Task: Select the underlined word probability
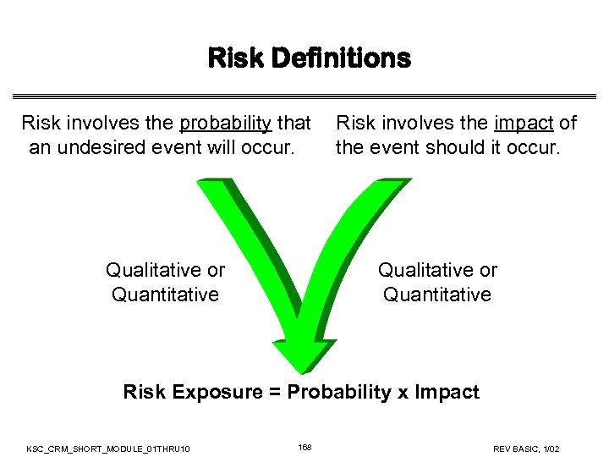click(x=225, y=124)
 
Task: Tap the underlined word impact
click(x=524, y=124)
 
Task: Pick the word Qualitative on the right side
click(x=426, y=270)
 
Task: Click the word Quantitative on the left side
click(x=166, y=295)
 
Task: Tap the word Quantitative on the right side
click(x=437, y=295)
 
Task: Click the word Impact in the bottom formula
click(x=448, y=393)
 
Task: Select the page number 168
click(x=304, y=447)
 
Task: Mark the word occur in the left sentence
click(x=269, y=147)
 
